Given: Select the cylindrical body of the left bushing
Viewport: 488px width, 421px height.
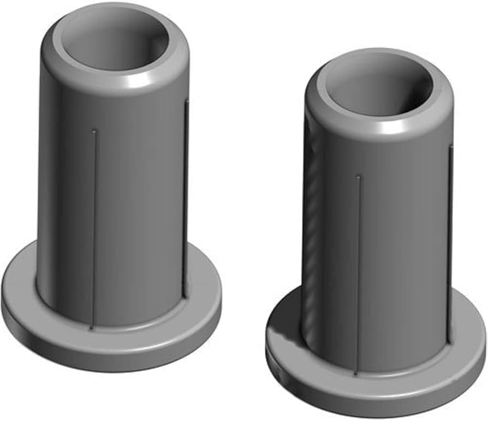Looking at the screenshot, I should coord(136,207).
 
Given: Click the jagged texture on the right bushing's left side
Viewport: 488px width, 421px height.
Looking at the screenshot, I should coord(314,218).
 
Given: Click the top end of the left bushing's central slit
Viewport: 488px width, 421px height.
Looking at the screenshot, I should coord(94,131).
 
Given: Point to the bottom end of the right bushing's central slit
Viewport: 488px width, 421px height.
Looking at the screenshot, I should coord(356,374).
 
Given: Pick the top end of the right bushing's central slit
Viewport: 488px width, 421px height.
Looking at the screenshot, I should coord(358,177).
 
